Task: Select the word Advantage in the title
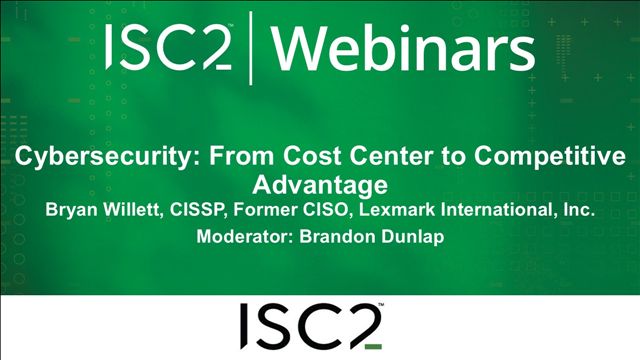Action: pos(319,184)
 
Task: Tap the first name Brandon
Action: pos(335,238)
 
